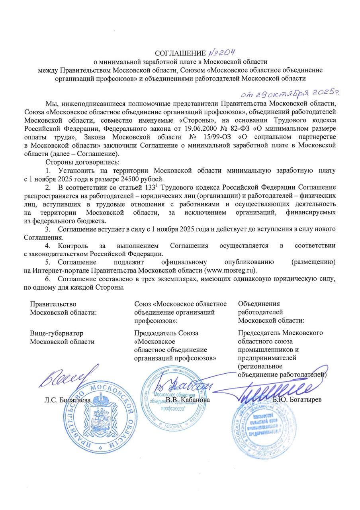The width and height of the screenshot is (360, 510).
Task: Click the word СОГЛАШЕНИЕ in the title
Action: pos(180,54)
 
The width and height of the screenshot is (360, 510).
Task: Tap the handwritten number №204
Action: pos(222,53)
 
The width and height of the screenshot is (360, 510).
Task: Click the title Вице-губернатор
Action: pos(57,333)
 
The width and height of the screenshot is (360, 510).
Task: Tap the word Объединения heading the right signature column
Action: pos(259,304)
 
